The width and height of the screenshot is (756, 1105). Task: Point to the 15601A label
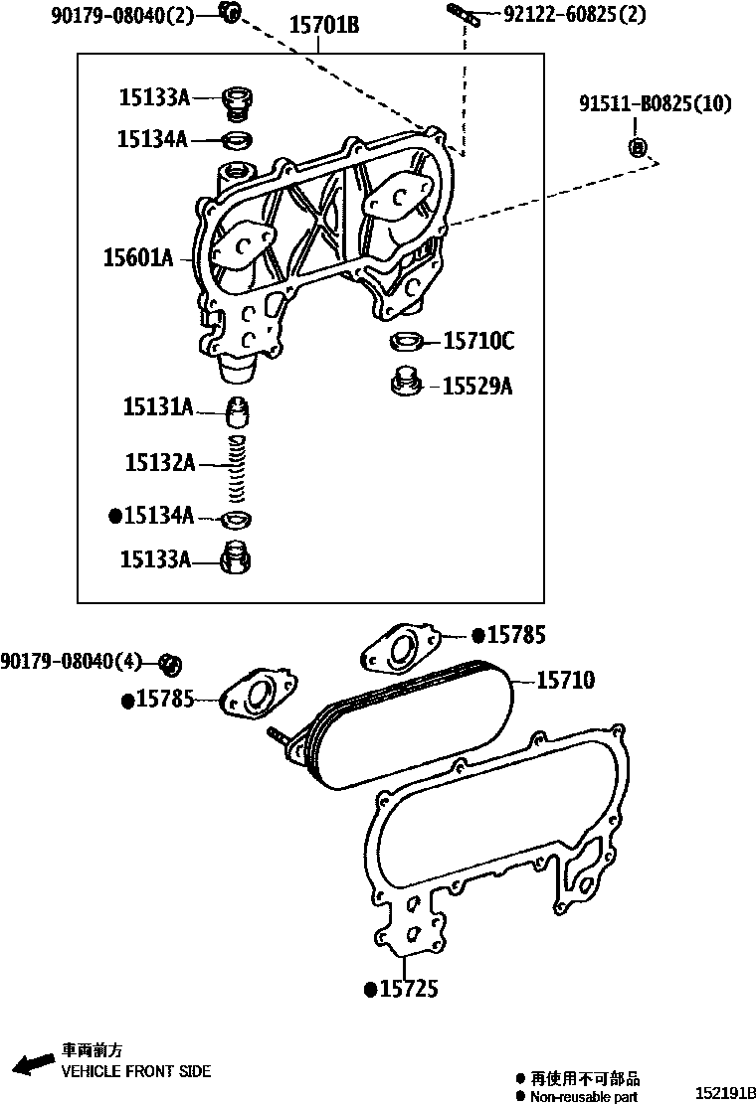138,258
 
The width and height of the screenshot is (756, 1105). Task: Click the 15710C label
477,341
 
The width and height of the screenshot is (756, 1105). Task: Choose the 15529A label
477,386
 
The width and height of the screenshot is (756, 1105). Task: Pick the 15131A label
157,405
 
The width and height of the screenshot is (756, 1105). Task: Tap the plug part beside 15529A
405,382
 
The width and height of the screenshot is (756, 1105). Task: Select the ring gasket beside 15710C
405,342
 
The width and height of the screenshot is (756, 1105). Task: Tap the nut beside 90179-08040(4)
171,663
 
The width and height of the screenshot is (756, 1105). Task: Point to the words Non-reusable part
584,1097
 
